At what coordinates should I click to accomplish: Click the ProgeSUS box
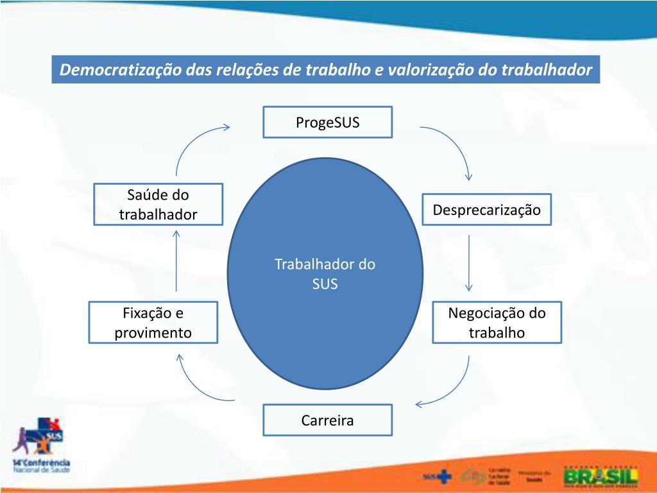pyautogui.click(x=327, y=122)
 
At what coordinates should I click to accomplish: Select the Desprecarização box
pyautogui.click(x=487, y=209)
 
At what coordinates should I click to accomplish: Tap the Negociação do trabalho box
pyautogui.click(x=497, y=322)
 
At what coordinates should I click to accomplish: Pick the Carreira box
pyautogui.click(x=327, y=420)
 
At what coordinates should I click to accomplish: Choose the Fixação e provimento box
pyautogui.click(x=153, y=322)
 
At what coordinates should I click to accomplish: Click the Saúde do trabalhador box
pyautogui.click(x=158, y=204)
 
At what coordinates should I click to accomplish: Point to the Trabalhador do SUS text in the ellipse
pyautogui.click(x=325, y=273)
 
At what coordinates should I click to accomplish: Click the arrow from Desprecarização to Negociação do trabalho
pyautogui.click(x=469, y=263)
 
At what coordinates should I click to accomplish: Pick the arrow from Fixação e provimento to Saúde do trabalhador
pyautogui.click(x=176, y=260)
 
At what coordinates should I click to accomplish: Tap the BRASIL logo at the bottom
pyautogui.click(x=601, y=476)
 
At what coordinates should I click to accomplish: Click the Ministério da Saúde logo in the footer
pyautogui.click(x=535, y=476)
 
